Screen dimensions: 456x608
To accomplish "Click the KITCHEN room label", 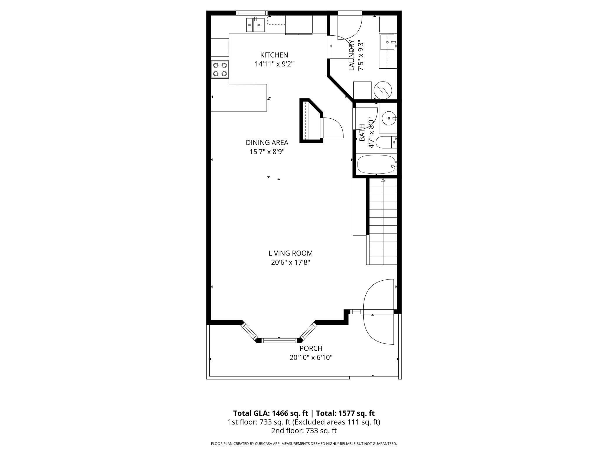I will [274, 55].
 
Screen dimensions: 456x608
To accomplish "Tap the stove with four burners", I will [220, 70].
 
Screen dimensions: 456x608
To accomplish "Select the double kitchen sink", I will [255, 25].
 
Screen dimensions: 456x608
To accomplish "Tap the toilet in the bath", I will [386, 142].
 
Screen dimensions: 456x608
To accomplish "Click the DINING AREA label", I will [267, 143].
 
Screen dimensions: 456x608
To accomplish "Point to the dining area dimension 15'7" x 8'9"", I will [267, 152].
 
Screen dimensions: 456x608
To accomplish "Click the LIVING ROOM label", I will [291, 253].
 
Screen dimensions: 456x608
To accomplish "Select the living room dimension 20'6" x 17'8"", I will [291, 262].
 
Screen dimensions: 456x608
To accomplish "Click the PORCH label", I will [311, 348].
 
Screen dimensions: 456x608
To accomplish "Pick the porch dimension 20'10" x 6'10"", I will [311, 357].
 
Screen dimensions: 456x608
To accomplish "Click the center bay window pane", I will [279, 340].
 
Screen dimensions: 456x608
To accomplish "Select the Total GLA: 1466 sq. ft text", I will [270, 413].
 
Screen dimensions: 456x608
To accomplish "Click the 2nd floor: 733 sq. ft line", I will [304, 431].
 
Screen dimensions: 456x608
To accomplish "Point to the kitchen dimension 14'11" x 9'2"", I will [274, 64].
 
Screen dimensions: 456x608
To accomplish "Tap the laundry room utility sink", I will [388, 43].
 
